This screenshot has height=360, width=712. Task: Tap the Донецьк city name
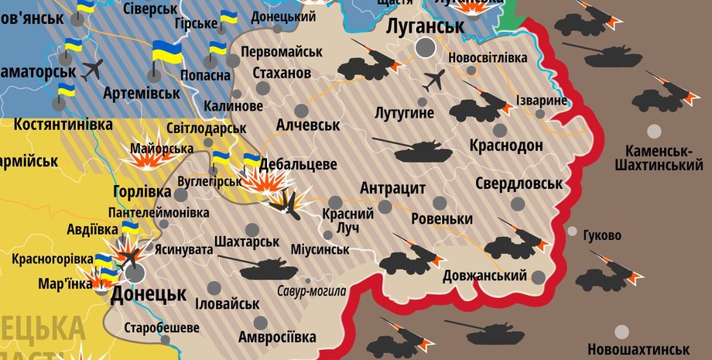pyautogui.click(x=149, y=294)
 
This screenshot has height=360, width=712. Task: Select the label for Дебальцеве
pyautogui.click(x=298, y=164)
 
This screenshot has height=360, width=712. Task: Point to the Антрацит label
pyautogui.click(x=393, y=188)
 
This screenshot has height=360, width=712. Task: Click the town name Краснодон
pyautogui.click(x=506, y=146)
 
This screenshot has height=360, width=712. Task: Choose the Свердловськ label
pyautogui.click(x=519, y=183)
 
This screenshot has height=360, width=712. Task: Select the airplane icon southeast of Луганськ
pyautogui.click(x=435, y=80)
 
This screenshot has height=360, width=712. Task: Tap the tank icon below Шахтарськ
pyautogui.click(x=268, y=269)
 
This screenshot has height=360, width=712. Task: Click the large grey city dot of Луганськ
pyautogui.click(x=425, y=48)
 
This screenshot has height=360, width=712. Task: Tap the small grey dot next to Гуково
pyautogui.click(x=572, y=231)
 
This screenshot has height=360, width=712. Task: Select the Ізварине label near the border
pyautogui.click(x=542, y=101)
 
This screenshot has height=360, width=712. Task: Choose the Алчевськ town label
pyautogui.click(x=310, y=125)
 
